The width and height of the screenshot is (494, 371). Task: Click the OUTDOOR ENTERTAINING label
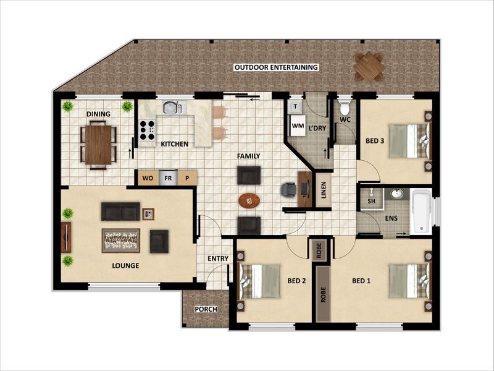point(275,67)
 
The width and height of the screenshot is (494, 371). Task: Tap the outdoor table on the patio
point(368,66)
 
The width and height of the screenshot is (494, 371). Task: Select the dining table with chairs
point(98,144)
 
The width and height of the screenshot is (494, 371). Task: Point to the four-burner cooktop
point(146,130)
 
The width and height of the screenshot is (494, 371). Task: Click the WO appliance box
point(148,178)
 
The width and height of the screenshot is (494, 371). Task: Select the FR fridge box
point(167,178)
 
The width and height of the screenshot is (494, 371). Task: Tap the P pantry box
point(188,178)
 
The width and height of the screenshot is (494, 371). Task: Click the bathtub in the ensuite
point(421,211)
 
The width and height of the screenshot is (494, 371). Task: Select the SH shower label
point(372,201)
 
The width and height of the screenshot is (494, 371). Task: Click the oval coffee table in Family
point(249,200)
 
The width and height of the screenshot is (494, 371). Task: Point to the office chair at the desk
point(289,189)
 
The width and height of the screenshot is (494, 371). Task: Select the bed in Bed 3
point(408,140)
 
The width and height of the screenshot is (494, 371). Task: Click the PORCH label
point(204,309)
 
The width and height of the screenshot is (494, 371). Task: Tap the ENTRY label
point(217,258)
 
